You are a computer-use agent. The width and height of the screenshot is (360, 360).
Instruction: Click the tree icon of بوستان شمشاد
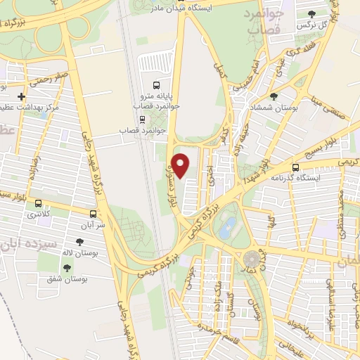coord(274,96)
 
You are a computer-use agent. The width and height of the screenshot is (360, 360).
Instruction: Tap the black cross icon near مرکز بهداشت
coord(22,96)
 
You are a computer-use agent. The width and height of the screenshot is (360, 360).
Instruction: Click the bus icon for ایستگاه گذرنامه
coord(295,168)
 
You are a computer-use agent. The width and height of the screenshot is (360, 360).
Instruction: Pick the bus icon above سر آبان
coord(94,213)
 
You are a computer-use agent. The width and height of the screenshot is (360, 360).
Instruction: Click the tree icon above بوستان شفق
coord(67,268)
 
